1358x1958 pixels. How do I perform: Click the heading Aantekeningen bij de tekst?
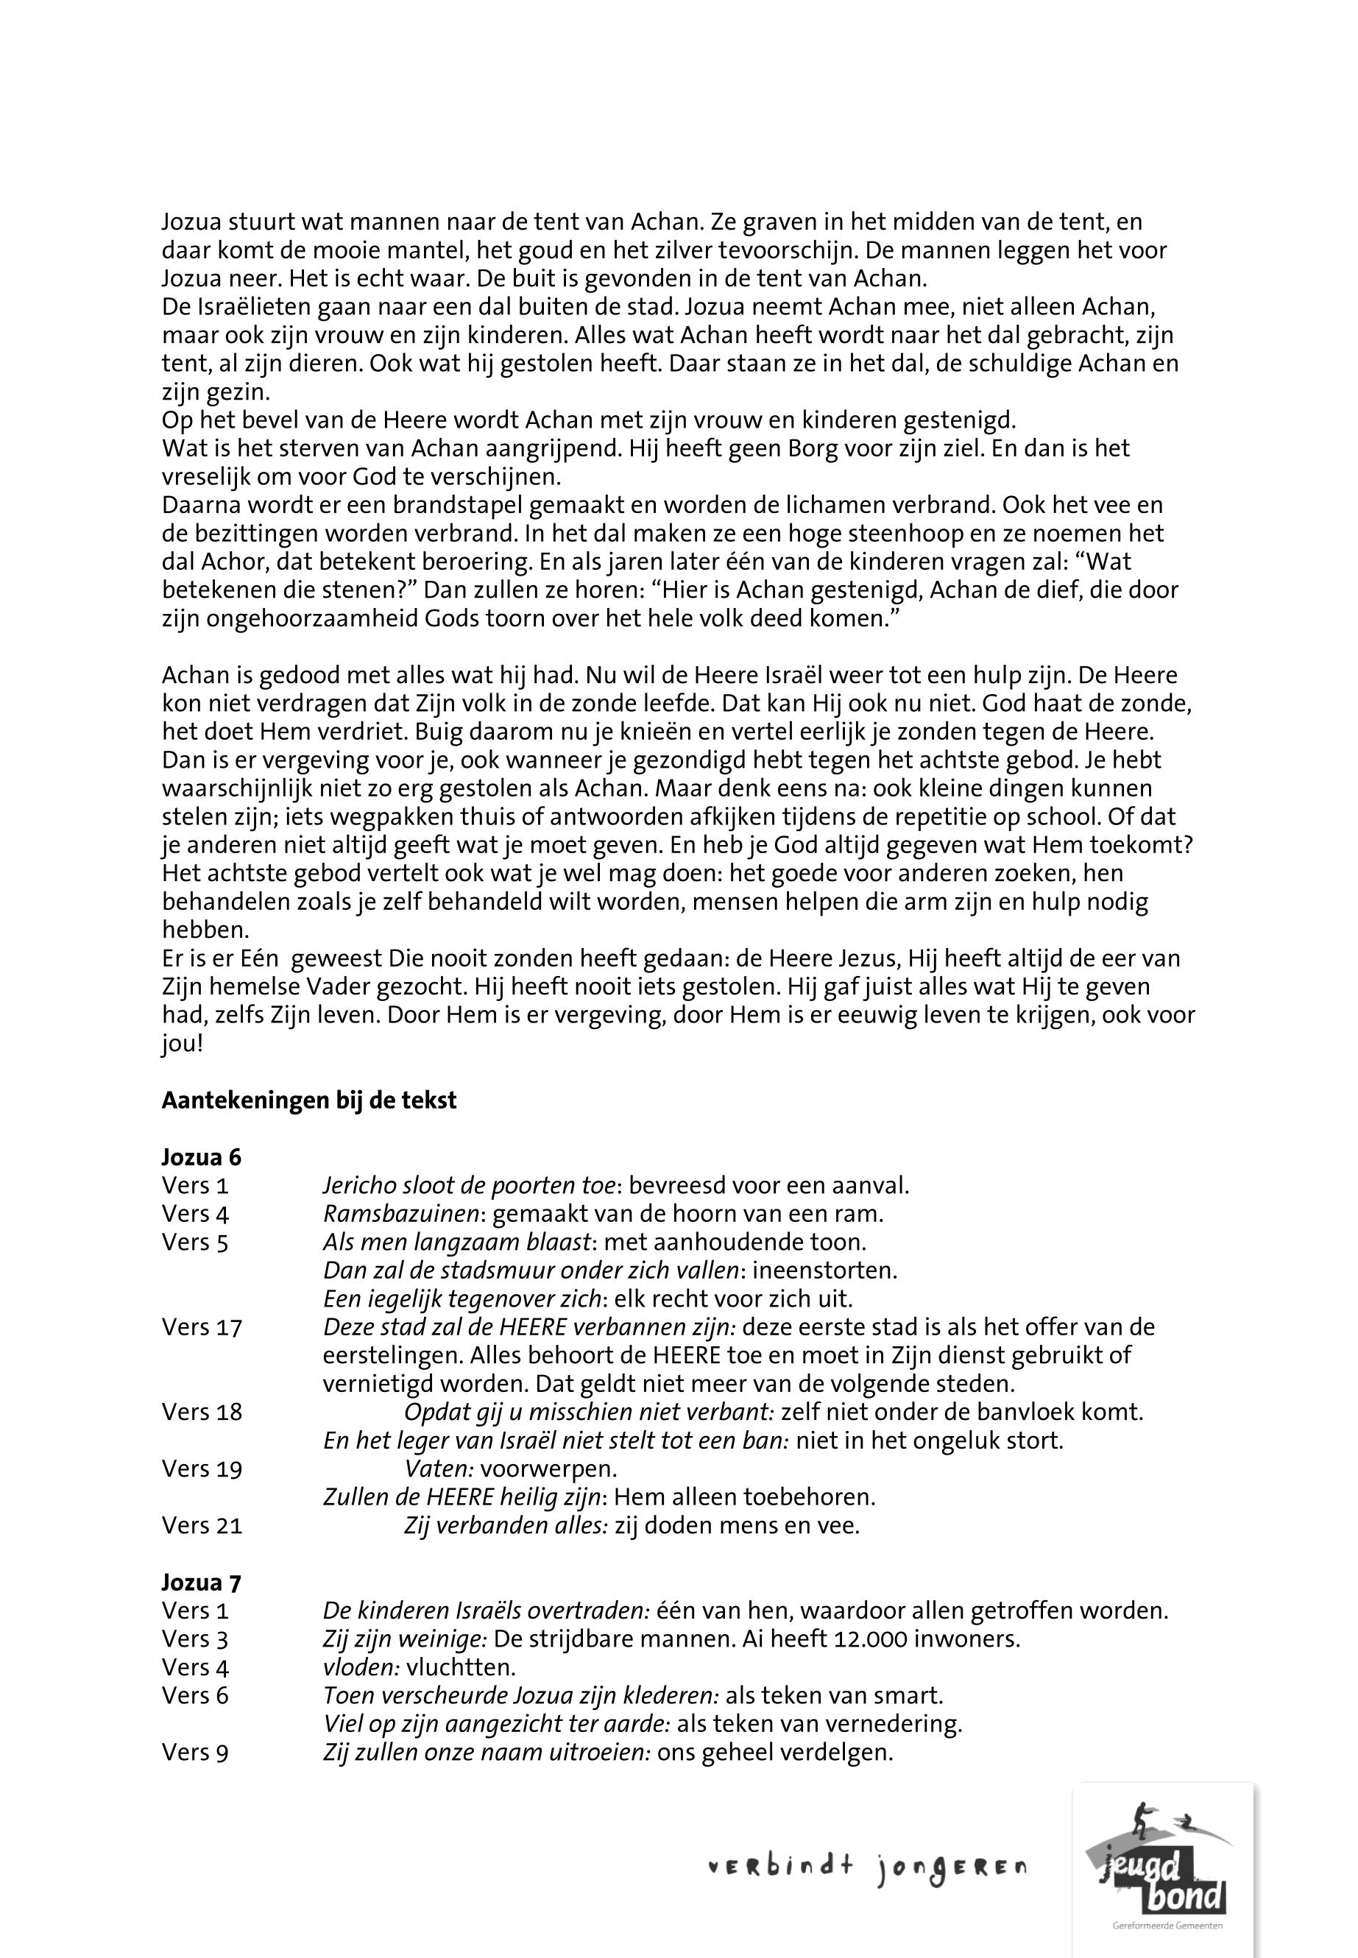coord(309,1100)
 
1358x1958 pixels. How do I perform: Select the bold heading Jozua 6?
coord(202,1157)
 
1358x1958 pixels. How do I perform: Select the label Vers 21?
coord(202,1525)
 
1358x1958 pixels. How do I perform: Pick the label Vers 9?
coord(195,1752)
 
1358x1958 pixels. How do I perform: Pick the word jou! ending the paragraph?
coord(182,1043)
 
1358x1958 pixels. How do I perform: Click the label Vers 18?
coord(202,1412)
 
